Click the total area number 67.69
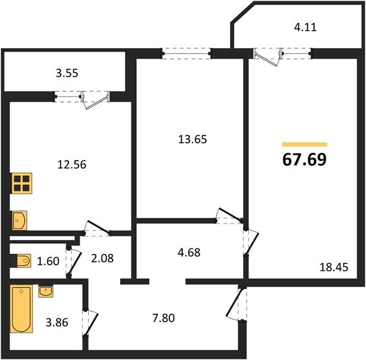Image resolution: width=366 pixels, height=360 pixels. click(305, 161)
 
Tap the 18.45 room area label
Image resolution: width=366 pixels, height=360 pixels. click(335, 266)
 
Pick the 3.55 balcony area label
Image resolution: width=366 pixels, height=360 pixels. click(67, 74)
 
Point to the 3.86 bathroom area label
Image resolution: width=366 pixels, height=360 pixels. click(57, 323)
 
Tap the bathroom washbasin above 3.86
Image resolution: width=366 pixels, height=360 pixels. click(46, 292)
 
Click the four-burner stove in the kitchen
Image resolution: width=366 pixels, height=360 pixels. click(22, 183)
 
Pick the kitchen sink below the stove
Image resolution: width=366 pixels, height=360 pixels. click(19, 220)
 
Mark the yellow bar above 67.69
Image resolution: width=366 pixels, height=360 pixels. click(305, 145)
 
